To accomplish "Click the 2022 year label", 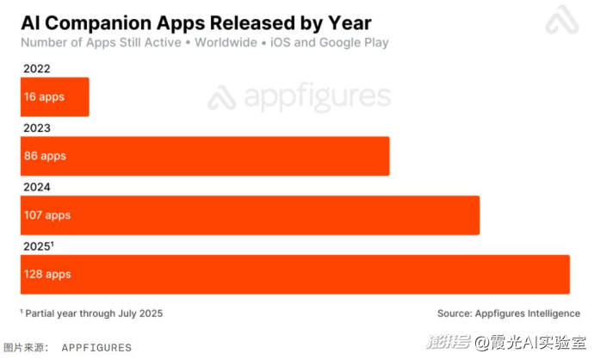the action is click(37, 69).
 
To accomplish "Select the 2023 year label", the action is click(37, 128).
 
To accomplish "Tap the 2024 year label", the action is click(37, 187).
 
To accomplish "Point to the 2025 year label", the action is click(38, 246).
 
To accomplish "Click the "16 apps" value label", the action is click(44, 97).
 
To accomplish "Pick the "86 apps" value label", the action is click(45, 156).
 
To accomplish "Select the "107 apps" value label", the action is click(47, 215).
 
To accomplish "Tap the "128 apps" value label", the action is click(47, 275).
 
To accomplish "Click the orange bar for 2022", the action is click(55, 97).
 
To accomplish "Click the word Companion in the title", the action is click(98, 23).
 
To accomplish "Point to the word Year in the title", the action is click(350, 23).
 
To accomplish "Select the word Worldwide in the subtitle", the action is click(226, 42).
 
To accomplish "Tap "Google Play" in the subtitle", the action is click(354, 43).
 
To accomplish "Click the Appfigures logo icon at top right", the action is click(562, 20).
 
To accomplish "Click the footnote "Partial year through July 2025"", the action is click(94, 313).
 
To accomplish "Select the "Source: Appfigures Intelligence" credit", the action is click(509, 313).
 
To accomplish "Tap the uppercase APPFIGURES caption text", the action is click(96, 348).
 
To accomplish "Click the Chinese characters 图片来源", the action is click(23, 347).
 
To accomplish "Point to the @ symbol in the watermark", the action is click(481, 343).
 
